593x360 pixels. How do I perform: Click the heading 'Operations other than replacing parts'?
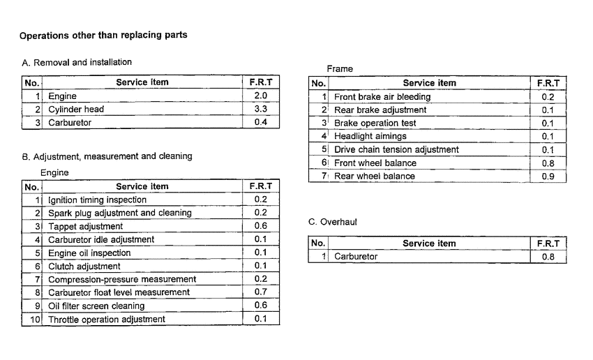click(x=103, y=35)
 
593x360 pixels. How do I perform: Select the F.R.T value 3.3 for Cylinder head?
click(x=260, y=110)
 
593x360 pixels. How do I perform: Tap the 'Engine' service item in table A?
click(x=62, y=96)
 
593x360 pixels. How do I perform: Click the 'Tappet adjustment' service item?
click(x=85, y=227)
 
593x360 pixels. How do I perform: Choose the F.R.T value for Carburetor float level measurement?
click(x=260, y=292)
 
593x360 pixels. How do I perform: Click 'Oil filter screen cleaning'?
click(x=96, y=306)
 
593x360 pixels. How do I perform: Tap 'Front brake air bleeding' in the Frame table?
click(x=382, y=97)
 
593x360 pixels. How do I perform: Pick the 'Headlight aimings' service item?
click(x=370, y=137)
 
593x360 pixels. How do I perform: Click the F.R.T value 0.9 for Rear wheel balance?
click(x=548, y=177)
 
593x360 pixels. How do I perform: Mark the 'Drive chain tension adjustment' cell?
click(x=396, y=150)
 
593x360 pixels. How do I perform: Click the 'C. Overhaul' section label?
click(x=333, y=222)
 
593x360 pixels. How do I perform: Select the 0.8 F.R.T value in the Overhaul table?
click(x=548, y=257)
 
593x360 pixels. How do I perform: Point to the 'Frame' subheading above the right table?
click(x=340, y=69)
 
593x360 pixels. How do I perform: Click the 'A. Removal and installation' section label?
click(x=77, y=63)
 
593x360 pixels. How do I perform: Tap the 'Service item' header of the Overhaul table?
click(x=429, y=243)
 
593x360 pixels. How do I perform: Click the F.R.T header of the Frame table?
click(x=548, y=83)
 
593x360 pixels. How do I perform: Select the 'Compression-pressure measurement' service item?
click(x=112, y=280)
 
